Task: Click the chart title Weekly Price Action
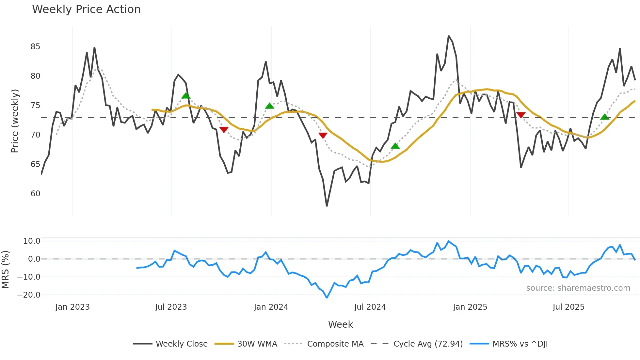click(x=86, y=9)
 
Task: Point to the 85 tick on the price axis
click(x=35, y=47)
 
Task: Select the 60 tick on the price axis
click(x=35, y=194)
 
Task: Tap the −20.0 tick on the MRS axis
click(x=28, y=295)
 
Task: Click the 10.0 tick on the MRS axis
click(x=32, y=241)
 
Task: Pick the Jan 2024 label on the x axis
click(x=271, y=307)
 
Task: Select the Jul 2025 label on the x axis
click(x=568, y=307)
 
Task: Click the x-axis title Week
click(x=340, y=324)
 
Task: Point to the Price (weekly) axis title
click(x=15, y=121)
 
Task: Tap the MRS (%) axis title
click(x=5, y=270)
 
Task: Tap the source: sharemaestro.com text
click(x=578, y=288)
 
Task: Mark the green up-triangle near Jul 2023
click(x=186, y=96)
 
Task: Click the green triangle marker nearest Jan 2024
click(x=269, y=106)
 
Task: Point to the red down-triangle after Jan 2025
click(x=521, y=115)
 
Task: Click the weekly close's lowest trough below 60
click(x=327, y=206)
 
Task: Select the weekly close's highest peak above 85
click(x=449, y=36)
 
